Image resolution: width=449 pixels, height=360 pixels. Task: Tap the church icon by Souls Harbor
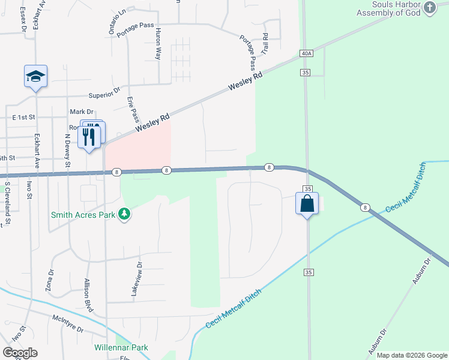(x=430, y=8)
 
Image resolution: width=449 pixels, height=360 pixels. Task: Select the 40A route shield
(x=306, y=53)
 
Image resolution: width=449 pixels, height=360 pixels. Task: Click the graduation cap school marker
(x=36, y=76)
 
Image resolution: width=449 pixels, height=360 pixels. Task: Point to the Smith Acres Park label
(x=84, y=214)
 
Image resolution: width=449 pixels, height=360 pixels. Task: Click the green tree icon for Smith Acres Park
(x=124, y=214)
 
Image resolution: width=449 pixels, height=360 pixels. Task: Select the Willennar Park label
(x=121, y=347)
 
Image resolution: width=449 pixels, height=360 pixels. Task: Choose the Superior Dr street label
(x=105, y=95)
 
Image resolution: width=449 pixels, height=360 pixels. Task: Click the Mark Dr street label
(x=82, y=112)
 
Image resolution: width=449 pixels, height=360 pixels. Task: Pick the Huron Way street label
(x=158, y=43)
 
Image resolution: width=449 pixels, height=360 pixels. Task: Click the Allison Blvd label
(x=88, y=294)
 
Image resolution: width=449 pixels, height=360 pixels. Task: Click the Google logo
(x=20, y=353)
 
